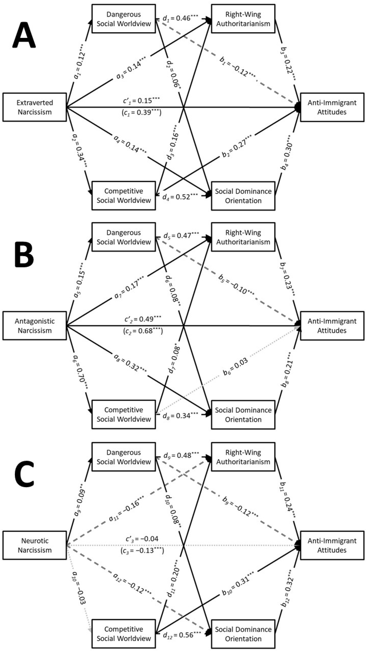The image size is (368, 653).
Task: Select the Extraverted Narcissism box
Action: [x=35, y=107]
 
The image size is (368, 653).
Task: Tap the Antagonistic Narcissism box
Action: [x=35, y=326]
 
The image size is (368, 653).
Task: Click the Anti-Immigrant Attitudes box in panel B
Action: [x=332, y=326]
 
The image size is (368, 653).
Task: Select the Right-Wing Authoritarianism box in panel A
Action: [x=243, y=19]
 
